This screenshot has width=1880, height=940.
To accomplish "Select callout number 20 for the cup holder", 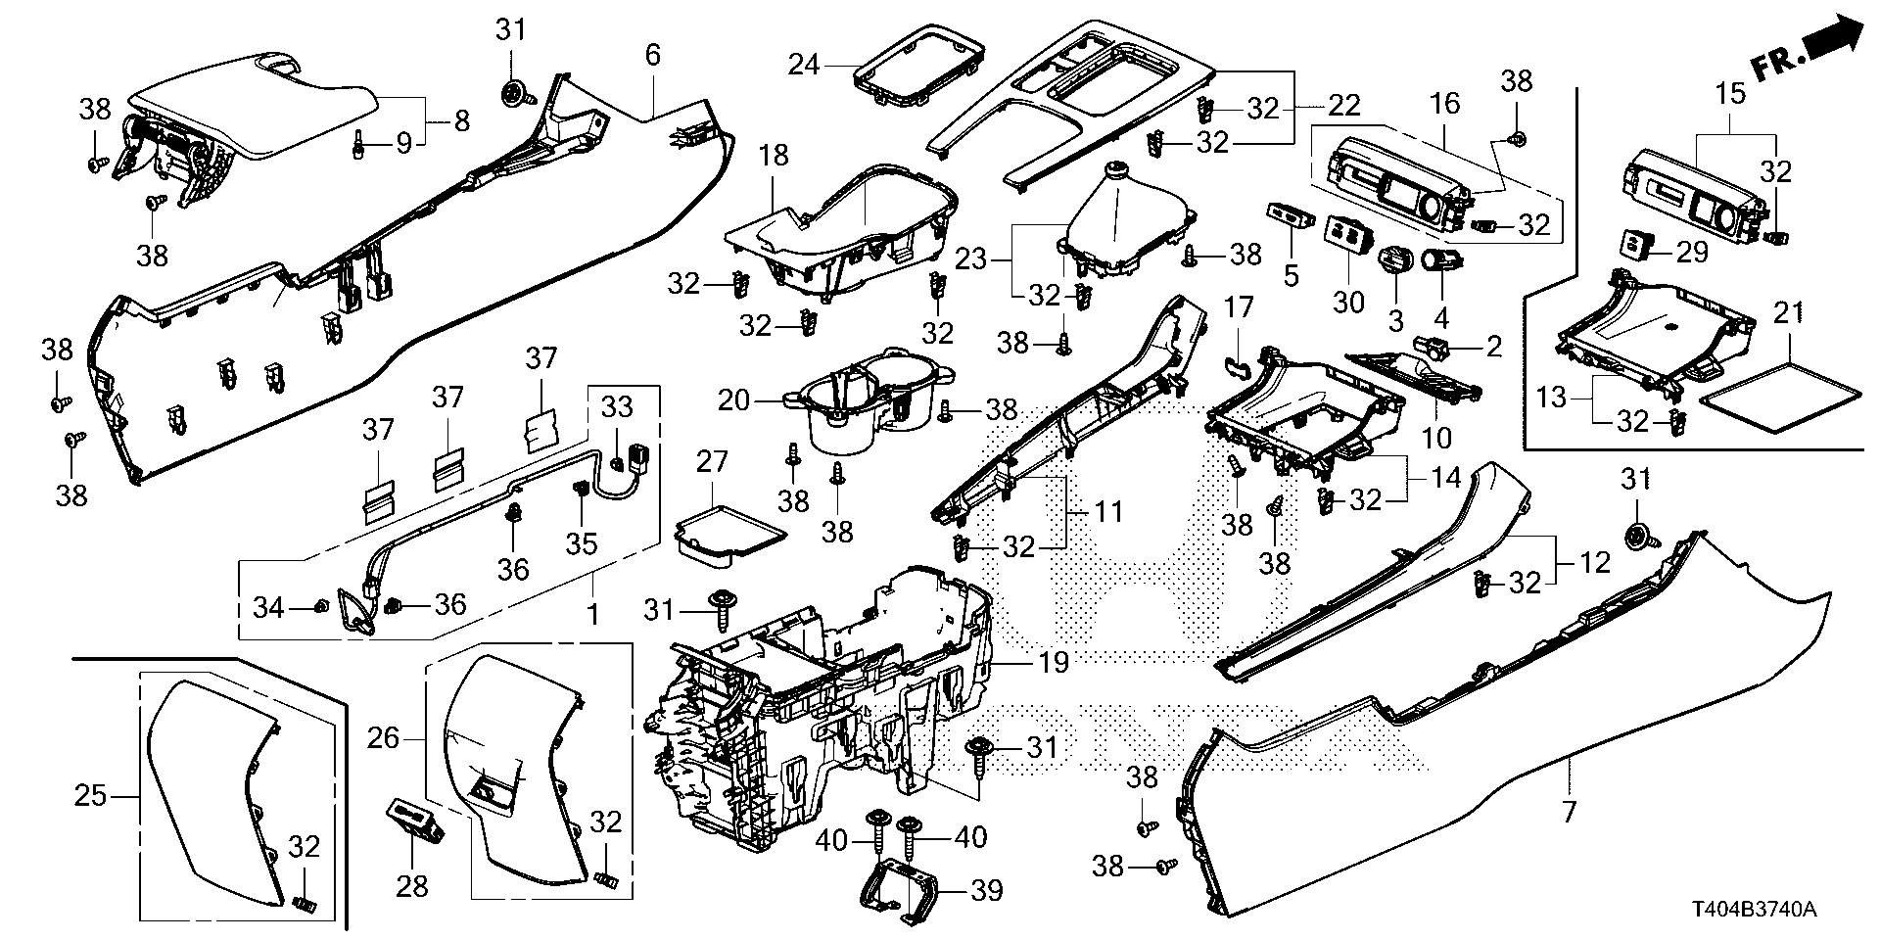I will click(x=734, y=399).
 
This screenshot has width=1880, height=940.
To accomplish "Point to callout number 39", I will click(x=987, y=891).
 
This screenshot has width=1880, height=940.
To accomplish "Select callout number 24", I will click(x=804, y=66).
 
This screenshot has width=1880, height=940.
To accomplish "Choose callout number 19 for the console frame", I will click(x=1054, y=664).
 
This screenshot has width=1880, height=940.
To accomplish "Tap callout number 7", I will click(x=1570, y=811).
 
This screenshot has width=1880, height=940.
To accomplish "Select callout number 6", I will click(x=653, y=55).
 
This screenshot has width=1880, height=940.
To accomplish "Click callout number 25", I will click(x=90, y=796).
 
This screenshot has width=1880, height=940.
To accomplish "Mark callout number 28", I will click(x=411, y=886).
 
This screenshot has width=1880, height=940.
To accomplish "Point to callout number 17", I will click(x=1239, y=308).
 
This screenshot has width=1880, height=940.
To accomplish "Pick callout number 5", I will click(x=1291, y=275).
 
